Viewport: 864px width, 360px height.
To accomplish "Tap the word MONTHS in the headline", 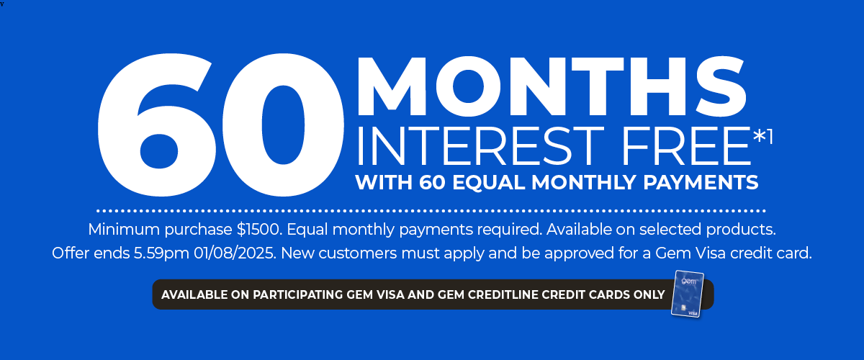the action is click(x=552, y=86).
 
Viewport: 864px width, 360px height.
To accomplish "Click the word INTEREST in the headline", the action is click(x=481, y=146).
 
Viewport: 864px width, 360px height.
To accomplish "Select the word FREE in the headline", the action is click(x=686, y=146).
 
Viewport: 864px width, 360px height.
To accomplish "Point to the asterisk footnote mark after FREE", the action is click(x=759, y=136).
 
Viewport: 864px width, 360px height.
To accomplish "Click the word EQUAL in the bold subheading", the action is click(x=488, y=182).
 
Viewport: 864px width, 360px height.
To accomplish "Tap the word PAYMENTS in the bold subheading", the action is click(x=701, y=182).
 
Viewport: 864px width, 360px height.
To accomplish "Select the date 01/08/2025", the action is click(x=235, y=253).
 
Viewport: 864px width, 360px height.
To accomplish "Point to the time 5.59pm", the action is click(x=161, y=254).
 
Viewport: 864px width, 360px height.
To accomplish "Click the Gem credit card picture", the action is click(x=688, y=294).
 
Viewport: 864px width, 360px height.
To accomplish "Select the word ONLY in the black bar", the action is click(x=649, y=294).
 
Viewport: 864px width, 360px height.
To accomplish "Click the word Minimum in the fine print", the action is click(x=124, y=229).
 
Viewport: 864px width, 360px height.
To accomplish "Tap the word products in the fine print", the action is click(x=741, y=230).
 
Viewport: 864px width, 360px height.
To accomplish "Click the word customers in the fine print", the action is click(x=358, y=253).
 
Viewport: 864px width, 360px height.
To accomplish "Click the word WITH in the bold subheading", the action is click(x=384, y=182).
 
